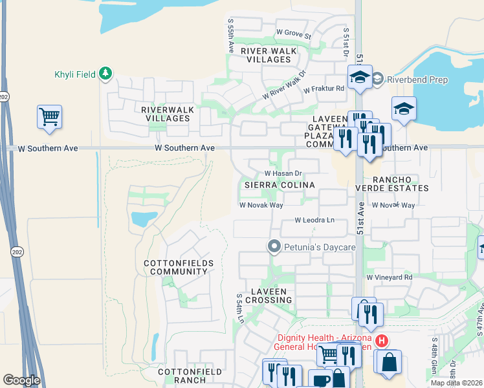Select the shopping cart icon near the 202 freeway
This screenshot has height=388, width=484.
[x=49, y=117]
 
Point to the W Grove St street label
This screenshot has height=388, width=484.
[x=294, y=32]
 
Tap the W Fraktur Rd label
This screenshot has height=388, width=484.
[x=324, y=89]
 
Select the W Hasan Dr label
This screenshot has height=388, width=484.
[x=283, y=173]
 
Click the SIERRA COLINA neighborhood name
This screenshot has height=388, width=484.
[x=279, y=185]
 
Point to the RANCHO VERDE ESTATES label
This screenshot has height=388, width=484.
[x=391, y=184]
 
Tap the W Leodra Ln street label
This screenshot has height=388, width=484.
[x=314, y=221]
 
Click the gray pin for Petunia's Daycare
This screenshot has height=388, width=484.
[x=274, y=246]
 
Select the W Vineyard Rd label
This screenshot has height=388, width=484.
[x=389, y=277]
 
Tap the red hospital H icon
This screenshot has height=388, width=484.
[x=382, y=340]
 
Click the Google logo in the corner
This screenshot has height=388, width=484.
[x=21, y=380]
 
